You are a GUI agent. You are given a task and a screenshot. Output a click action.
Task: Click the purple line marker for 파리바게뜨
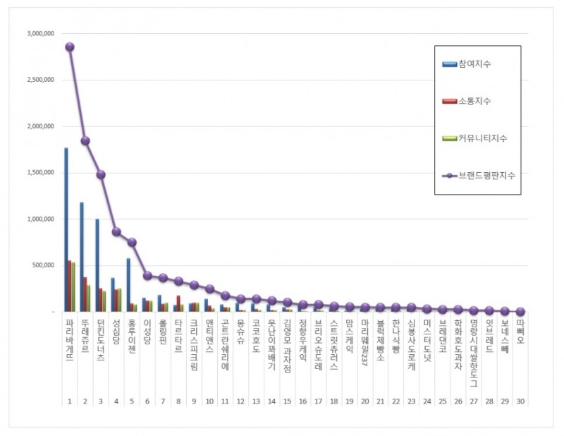[70, 47]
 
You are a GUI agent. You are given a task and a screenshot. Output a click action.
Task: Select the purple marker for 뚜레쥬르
[85, 140]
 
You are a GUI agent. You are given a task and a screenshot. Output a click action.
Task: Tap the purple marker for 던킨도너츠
[101, 174]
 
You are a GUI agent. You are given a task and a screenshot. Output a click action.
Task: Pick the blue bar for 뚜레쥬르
[82, 257]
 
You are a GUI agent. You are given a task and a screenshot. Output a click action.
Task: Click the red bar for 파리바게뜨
[70, 286]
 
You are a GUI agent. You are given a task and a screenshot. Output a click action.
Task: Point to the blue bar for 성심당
[113, 294]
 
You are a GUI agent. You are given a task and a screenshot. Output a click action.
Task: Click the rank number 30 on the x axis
[520, 400]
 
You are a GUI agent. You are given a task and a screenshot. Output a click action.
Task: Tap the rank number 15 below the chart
[287, 400]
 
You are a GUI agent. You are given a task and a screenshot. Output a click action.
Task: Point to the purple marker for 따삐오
[520, 311]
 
